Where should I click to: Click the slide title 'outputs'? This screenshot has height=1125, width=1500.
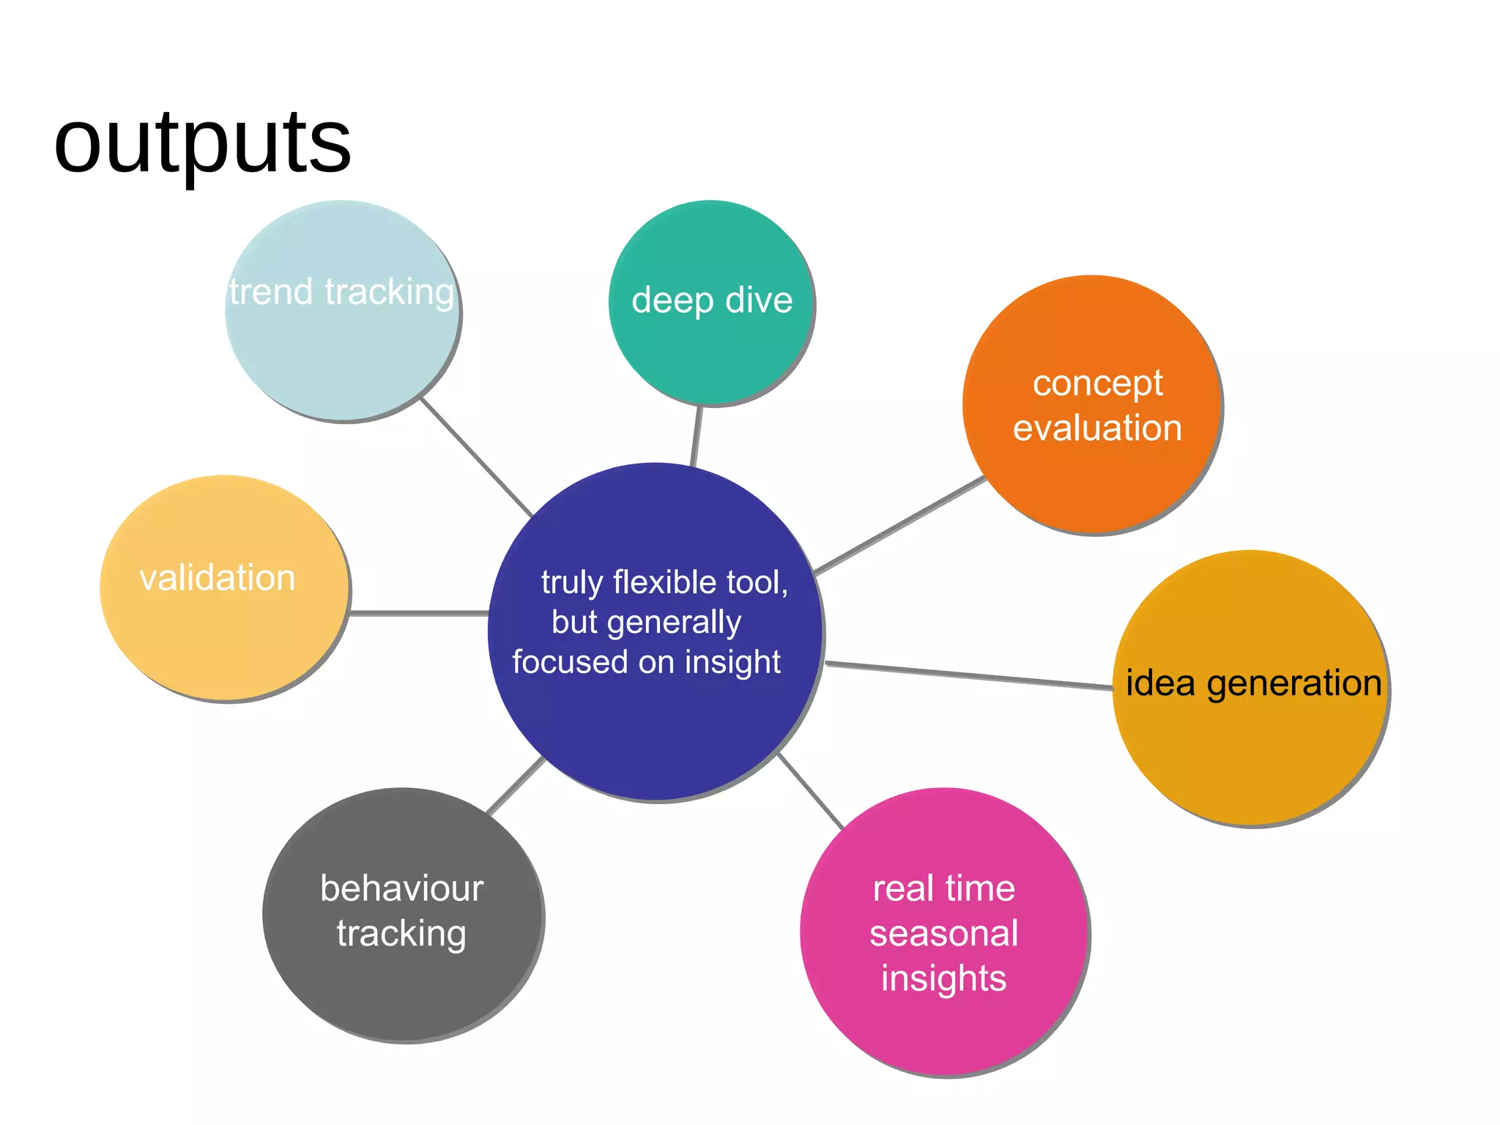point(202,143)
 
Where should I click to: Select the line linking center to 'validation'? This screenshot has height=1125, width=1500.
point(419,612)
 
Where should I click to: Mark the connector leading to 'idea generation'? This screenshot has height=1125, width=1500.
point(968,675)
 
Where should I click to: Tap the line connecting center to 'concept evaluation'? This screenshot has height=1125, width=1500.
point(899,524)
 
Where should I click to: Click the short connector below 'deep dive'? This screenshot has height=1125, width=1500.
point(697,435)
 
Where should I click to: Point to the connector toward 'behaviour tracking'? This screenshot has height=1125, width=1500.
point(516,786)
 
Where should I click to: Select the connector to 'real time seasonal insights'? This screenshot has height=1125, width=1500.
point(811,790)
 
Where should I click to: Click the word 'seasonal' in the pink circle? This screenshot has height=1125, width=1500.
point(943,934)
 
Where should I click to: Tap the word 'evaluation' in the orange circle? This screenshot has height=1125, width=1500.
point(1097,428)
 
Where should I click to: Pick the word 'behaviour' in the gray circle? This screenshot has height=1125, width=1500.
point(402,889)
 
